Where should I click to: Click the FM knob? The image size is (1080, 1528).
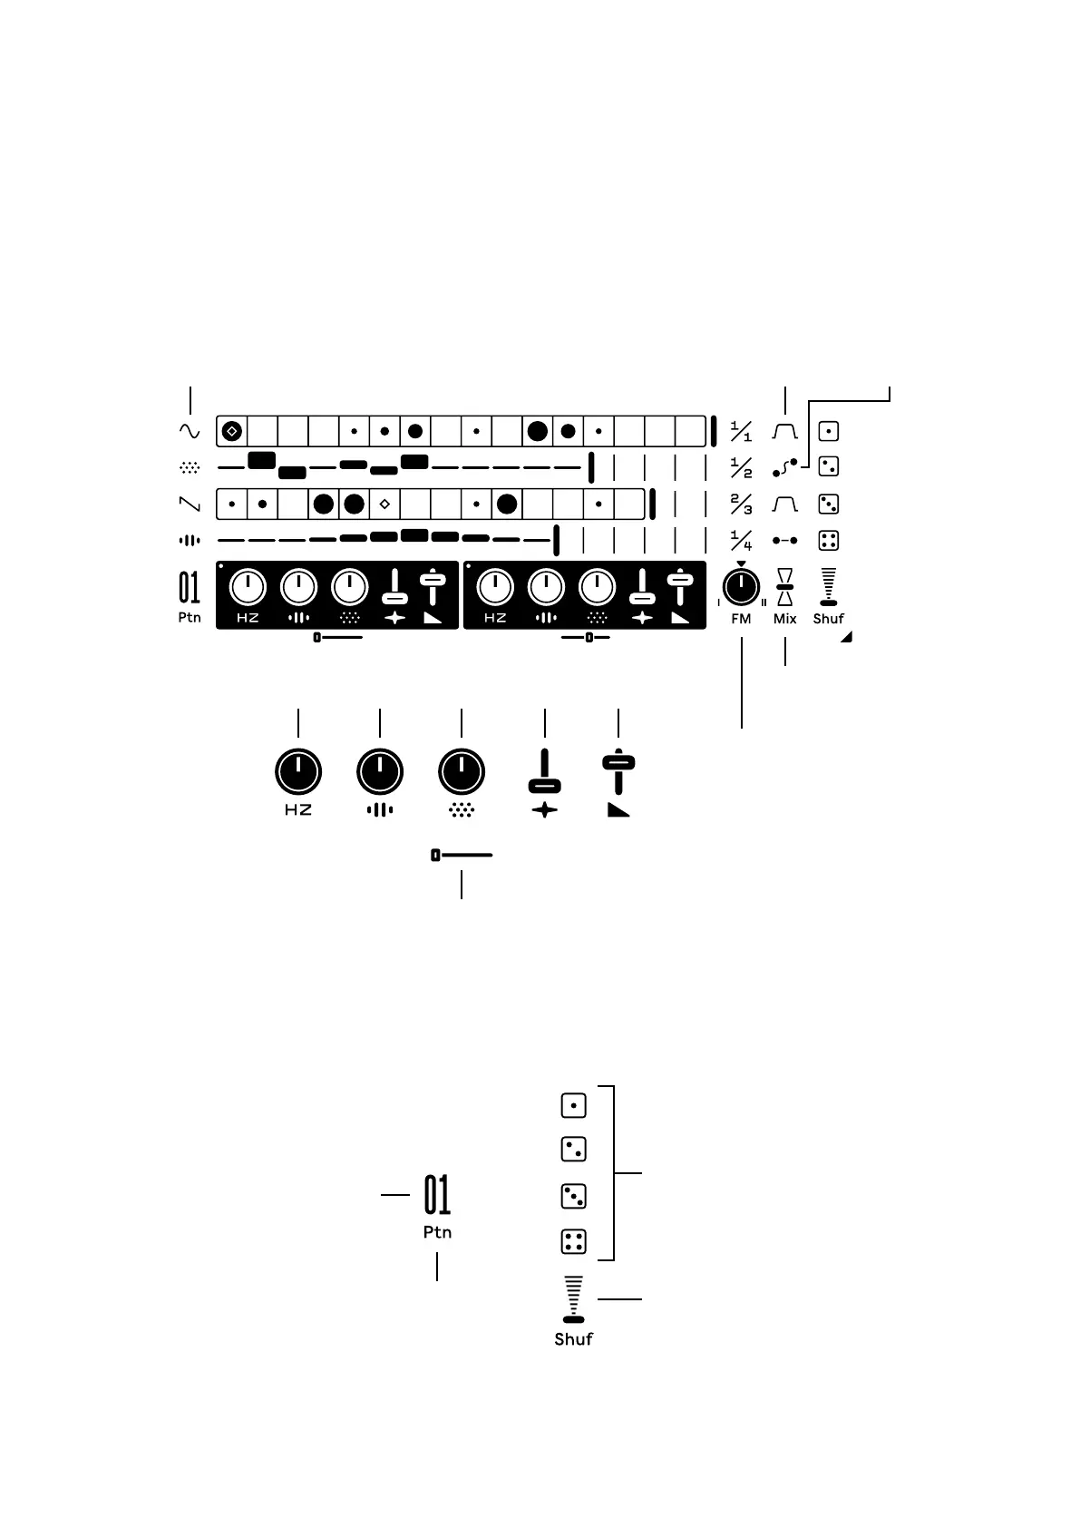coord(741,589)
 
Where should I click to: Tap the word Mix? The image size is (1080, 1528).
coord(784,619)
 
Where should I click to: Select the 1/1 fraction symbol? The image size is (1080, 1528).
coord(741,431)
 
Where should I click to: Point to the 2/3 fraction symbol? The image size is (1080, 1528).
coord(741,504)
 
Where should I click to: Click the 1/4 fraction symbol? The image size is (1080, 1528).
coord(741,541)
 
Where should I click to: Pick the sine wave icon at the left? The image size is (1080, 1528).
coord(189,430)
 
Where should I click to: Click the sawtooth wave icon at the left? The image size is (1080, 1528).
coord(189,503)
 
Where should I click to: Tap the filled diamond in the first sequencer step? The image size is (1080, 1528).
coord(231,431)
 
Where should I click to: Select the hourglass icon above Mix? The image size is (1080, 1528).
coord(785,587)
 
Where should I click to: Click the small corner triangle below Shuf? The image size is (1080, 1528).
coord(847,638)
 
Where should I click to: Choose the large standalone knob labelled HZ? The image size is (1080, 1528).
coord(297,772)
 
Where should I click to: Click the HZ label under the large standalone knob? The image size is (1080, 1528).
coord(297,810)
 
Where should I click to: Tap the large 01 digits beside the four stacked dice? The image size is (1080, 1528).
coord(437,1195)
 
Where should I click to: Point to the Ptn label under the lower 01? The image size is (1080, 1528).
coord(437,1232)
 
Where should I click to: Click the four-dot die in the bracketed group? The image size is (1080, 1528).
coord(573,1241)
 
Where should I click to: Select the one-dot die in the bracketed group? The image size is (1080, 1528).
coord(573,1105)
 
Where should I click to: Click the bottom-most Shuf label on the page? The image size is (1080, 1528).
coord(573,1338)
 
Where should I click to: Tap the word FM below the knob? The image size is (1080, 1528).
coord(741,619)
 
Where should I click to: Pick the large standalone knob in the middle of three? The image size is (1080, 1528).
coord(380,772)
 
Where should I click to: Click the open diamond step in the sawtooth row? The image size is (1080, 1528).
coord(384,503)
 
